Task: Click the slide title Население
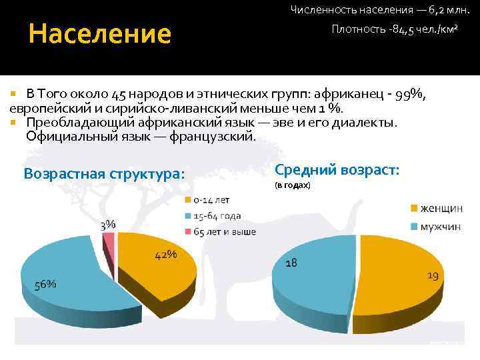tap(100, 33)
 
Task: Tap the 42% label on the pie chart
tap(166, 255)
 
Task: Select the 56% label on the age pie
tap(45, 283)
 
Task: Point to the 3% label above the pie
tap(108, 225)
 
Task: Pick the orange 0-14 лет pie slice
tap(157, 267)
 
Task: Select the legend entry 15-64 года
tap(217, 216)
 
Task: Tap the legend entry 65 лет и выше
tap(224, 231)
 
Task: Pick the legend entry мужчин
tap(439, 227)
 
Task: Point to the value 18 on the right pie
tap(291, 263)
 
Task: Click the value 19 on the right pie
tap(433, 275)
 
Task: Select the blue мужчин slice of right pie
tap(313, 280)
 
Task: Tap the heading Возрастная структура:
tap(104, 174)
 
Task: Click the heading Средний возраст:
tap(337, 170)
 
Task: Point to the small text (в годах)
tap(293, 185)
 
